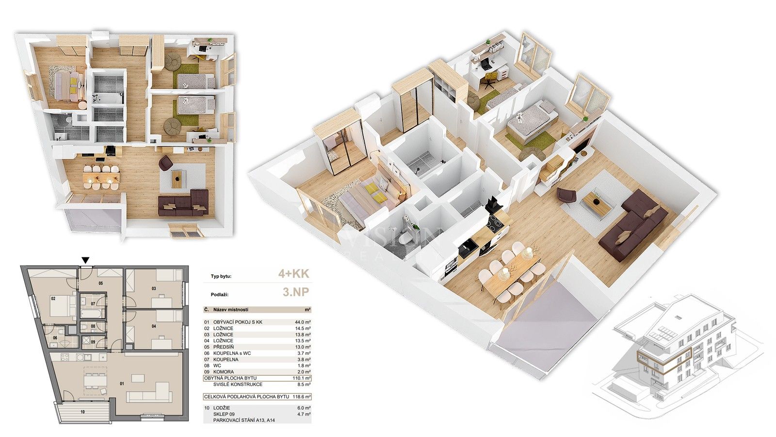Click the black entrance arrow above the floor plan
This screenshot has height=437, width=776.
tap(86, 261)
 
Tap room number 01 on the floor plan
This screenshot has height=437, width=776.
tap(122, 384)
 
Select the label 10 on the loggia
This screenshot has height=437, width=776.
tap(82, 411)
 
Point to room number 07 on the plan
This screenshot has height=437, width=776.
tap(93, 304)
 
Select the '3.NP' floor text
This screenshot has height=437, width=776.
tap(295, 292)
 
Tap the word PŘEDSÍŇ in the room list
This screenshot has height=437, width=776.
tap(224, 347)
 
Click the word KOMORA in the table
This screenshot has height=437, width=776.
tap(224, 372)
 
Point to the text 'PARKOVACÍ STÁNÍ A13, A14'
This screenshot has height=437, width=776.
tap(243, 420)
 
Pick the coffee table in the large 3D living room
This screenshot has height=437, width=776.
tap(596, 203)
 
